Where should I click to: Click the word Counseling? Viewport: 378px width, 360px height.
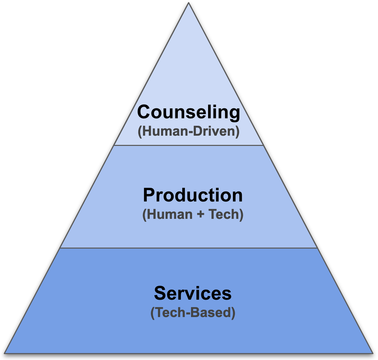(189, 112)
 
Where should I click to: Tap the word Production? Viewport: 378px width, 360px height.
(193, 195)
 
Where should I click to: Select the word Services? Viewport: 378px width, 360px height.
(193, 293)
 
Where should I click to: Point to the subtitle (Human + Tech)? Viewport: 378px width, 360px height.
(193, 214)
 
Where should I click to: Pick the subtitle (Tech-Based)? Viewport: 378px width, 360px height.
(193, 313)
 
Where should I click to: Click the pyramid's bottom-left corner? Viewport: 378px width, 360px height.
(5, 353)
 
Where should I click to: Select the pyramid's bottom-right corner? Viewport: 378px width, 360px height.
(373, 353)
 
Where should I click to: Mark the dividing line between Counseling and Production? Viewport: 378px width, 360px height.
(188, 146)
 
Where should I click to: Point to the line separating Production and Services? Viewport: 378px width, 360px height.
(188, 248)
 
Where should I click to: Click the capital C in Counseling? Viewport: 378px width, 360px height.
(144, 112)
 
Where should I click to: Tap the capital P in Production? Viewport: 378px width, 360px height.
(149, 195)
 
